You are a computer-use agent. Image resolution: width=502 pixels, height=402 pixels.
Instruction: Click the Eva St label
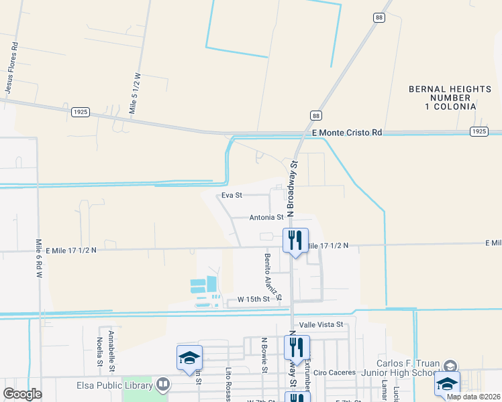pyautogui.click(x=232, y=196)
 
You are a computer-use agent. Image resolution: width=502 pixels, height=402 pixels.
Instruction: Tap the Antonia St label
pyautogui.click(x=266, y=218)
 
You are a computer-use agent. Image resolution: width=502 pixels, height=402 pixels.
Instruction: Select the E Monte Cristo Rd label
pyautogui.click(x=346, y=133)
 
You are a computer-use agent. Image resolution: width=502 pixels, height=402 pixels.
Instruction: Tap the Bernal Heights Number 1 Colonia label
pyautogui.click(x=442, y=98)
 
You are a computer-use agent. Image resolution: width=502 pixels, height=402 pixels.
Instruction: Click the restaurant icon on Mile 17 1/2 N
pyautogui.click(x=295, y=240)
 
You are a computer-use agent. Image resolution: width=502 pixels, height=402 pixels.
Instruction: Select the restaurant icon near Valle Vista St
pyautogui.click(x=295, y=347)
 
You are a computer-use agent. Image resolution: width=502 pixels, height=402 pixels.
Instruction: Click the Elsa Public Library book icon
pyautogui.click(x=162, y=385)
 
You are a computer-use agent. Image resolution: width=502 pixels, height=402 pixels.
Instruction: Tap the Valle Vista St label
pyautogui.click(x=321, y=324)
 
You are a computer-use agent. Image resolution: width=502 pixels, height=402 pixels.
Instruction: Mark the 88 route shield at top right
pyautogui.click(x=379, y=17)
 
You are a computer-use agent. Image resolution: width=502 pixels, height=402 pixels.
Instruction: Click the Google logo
pyautogui.click(x=22, y=393)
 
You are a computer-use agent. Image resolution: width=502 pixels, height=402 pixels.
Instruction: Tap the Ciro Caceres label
pyautogui.click(x=334, y=372)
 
